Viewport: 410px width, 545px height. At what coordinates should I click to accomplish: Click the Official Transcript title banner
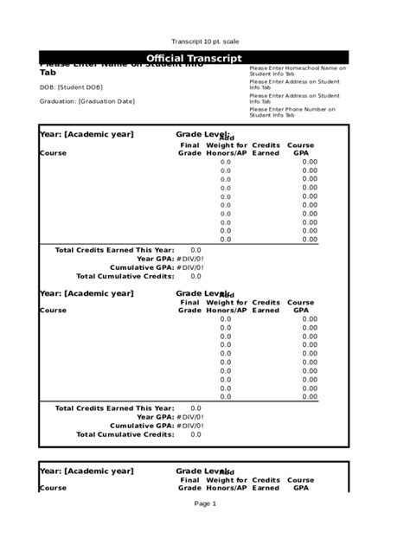(x=205, y=58)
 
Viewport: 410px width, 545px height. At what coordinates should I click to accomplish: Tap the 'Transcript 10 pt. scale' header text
(x=205, y=42)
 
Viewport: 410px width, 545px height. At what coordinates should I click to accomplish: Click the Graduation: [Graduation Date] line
(x=86, y=101)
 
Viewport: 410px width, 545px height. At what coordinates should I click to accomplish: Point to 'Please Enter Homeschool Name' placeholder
(x=298, y=70)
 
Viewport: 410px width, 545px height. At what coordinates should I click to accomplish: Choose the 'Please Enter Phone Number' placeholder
(x=292, y=112)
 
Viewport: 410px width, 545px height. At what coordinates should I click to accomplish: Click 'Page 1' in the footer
(x=205, y=503)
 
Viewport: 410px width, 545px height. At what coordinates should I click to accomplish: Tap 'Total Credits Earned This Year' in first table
(x=114, y=249)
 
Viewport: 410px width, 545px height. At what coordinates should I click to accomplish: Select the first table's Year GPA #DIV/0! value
(x=190, y=259)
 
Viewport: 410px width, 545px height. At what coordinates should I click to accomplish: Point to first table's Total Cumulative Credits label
(x=125, y=277)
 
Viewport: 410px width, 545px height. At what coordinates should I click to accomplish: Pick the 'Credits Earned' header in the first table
(x=266, y=149)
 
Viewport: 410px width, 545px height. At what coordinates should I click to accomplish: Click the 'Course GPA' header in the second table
(x=301, y=306)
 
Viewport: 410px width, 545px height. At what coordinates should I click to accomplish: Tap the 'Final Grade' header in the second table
(x=189, y=306)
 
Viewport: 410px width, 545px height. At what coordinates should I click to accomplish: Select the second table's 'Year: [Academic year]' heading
(x=86, y=293)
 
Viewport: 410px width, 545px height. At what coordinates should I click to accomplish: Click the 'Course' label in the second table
(x=53, y=310)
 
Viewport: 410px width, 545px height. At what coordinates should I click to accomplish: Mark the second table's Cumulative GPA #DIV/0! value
(x=190, y=426)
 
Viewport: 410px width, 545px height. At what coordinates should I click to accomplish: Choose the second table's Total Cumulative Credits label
(x=125, y=434)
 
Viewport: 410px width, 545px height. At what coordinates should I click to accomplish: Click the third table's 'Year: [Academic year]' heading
(x=86, y=471)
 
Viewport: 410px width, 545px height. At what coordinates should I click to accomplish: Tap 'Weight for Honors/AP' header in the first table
(x=227, y=149)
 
